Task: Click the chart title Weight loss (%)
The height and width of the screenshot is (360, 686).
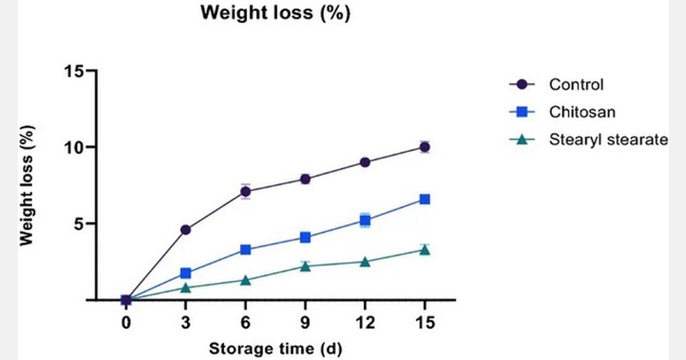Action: pyautogui.click(x=274, y=13)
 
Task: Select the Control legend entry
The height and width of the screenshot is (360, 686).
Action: pyautogui.click(x=576, y=85)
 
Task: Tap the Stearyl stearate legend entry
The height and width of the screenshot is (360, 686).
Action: pyautogui.click(x=608, y=139)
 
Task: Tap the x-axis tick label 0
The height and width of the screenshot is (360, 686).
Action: pyautogui.click(x=126, y=323)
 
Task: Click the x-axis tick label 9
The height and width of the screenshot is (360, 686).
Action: pyautogui.click(x=305, y=323)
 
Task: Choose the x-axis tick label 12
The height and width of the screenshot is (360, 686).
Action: pyautogui.click(x=365, y=323)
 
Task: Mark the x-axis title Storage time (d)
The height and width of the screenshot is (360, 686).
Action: pyautogui.click(x=276, y=348)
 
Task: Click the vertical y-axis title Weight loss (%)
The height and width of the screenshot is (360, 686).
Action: pyautogui.click(x=26, y=185)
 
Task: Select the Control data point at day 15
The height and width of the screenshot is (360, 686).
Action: pyautogui.click(x=425, y=147)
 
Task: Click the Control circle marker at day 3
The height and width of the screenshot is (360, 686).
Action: pyautogui.click(x=186, y=230)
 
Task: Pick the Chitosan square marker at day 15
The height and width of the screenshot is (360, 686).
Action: pyautogui.click(x=425, y=199)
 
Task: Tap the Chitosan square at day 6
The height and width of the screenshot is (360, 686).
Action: pyautogui.click(x=245, y=249)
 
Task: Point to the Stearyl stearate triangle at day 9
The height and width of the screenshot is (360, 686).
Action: pyautogui.click(x=305, y=266)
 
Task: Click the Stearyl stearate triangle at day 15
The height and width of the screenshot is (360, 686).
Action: pyautogui.click(x=425, y=250)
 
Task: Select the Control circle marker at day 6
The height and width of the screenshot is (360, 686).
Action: pyautogui.click(x=245, y=191)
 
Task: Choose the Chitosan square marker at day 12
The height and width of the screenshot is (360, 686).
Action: pyautogui.click(x=365, y=220)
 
